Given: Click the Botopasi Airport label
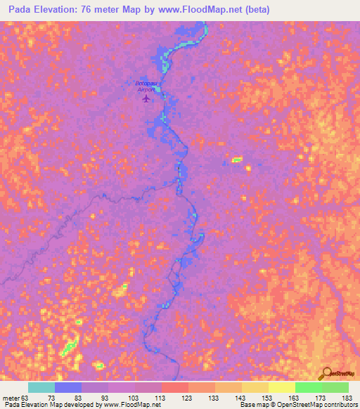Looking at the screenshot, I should (x=146, y=86).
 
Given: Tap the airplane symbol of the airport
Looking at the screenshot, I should (x=146, y=98).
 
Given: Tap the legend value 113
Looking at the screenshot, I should (x=161, y=397).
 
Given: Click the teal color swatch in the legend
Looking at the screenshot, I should (x=41, y=387).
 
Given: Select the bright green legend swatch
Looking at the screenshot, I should (x=308, y=387).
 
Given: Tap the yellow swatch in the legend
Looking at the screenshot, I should (x=281, y=387).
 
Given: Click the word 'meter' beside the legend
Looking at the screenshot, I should (x=10, y=397).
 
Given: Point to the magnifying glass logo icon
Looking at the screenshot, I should (x=326, y=374).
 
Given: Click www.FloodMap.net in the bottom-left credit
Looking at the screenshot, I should (x=132, y=405).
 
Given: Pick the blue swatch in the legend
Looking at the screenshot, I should (x=68, y=387).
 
